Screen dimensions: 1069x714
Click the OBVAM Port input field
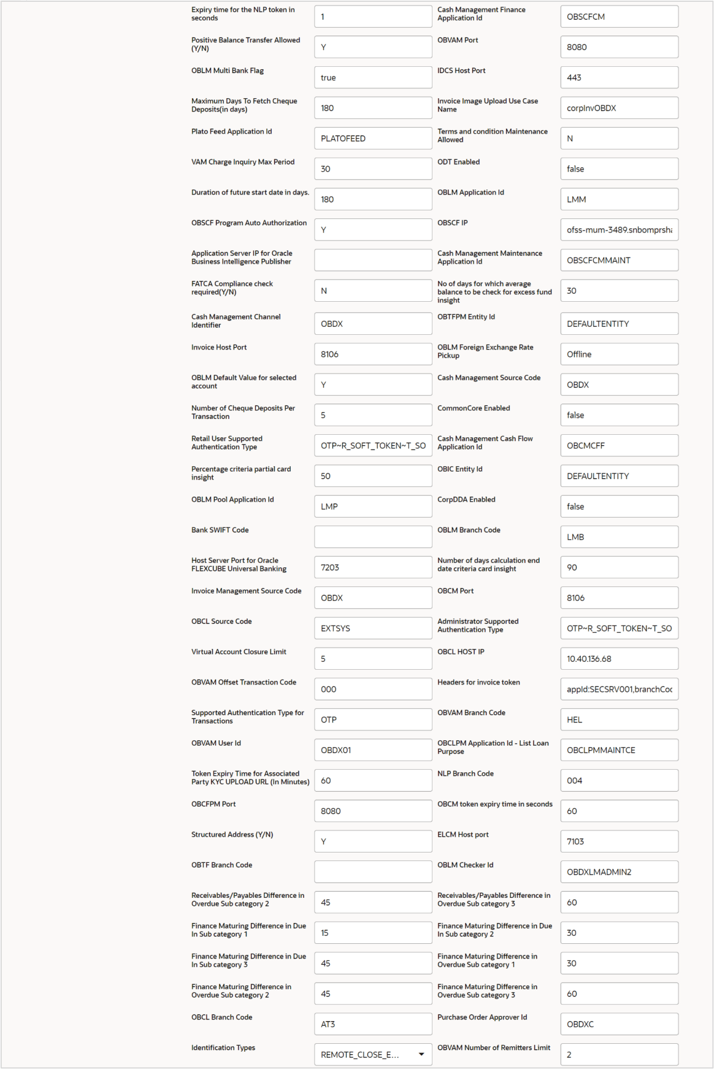pos(619,47)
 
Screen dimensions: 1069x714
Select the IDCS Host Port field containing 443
pos(619,77)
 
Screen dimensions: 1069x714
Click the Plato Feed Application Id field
pos(373,139)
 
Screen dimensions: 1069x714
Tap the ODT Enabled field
pos(619,169)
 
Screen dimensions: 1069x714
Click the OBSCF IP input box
pos(619,230)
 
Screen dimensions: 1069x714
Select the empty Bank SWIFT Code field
pos(373,537)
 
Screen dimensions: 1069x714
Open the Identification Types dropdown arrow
pos(421,1054)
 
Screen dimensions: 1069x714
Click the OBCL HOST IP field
pos(619,659)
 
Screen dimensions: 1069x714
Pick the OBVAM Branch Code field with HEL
pos(619,719)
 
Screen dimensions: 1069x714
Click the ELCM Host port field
pos(619,841)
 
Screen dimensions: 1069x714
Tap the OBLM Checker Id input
pos(619,872)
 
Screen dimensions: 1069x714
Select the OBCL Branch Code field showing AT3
pos(373,1024)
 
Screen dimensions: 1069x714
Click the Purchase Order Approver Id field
pos(619,1024)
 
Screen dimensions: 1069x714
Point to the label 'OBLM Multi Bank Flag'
pos(228,71)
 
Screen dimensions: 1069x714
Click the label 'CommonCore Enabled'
pos(474,408)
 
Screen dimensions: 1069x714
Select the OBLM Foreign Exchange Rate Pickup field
pos(619,354)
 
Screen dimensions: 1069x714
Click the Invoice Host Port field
pos(373,354)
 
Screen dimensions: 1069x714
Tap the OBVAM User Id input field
pos(373,750)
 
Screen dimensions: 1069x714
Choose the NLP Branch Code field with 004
pos(619,781)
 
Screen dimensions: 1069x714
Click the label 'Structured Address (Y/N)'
pos(232,835)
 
